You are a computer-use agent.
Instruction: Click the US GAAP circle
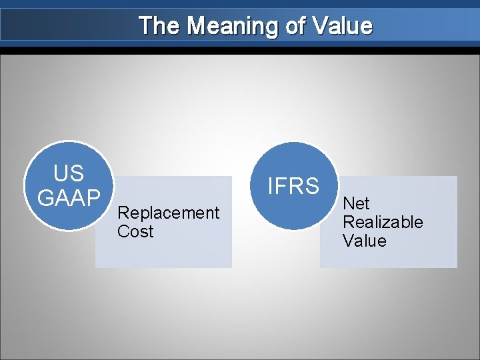(x=69, y=185)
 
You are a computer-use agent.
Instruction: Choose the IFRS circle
(x=294, y=186)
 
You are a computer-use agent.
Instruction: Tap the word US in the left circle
(x=69, y=174)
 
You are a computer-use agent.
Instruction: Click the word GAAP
(x=69, y=197)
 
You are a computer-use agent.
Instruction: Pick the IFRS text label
(x=293, y=186)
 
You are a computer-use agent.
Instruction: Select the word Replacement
(x=168, y=213)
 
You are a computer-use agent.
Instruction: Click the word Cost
(x=135, y=232)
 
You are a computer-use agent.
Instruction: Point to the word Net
(x=356, y=203)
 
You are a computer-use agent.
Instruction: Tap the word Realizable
(x=383, y=222)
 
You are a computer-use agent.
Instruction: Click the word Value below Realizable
(x=365, y=241)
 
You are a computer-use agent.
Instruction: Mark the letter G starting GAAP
(x=45, y=197)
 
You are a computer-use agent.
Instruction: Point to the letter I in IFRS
(x=270, y=186)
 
